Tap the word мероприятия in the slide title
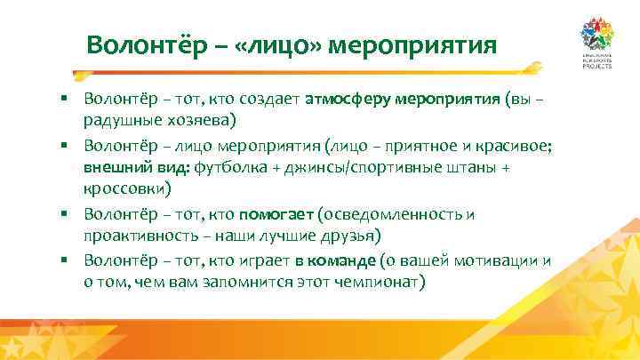click(412, 44)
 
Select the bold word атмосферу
click(348, 99)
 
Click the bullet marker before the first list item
click(66, 99)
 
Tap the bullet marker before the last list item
click(66, 260)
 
